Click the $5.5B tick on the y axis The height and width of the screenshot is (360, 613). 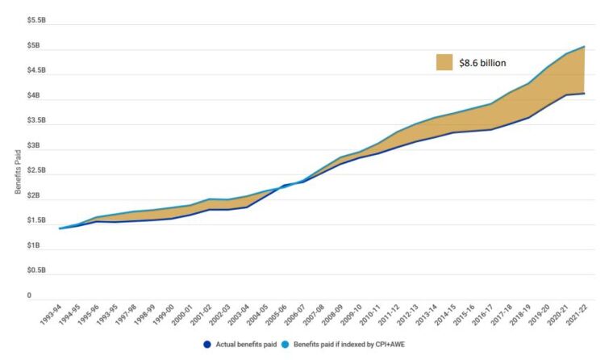click(35, 19)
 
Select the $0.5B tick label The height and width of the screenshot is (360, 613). click(35, 270)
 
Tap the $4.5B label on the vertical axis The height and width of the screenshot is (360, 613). click(35, 70)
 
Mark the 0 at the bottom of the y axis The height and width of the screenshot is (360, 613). click(28, 296)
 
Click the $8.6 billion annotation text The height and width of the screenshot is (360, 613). click(482, 62)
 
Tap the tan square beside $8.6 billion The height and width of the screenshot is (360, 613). click(444, 62)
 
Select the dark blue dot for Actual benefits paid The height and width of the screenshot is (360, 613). click(207, 345)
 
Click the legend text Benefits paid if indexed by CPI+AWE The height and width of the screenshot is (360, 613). click(351, 345)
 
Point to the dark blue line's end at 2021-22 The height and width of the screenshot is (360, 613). click(584, 94)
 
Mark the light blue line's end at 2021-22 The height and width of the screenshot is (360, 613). click(584, 46)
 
